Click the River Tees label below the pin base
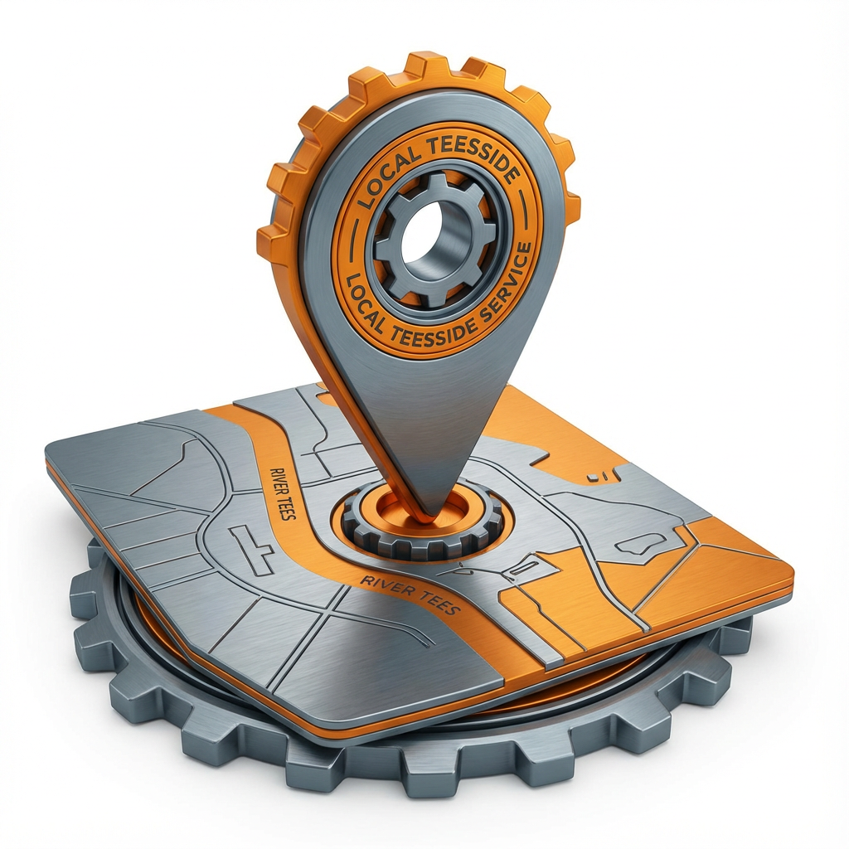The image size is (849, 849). point(410,594)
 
